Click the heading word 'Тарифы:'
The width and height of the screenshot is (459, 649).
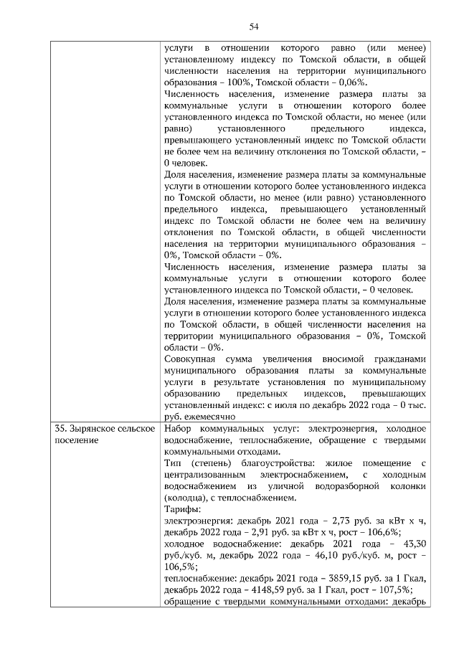[181, 509]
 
